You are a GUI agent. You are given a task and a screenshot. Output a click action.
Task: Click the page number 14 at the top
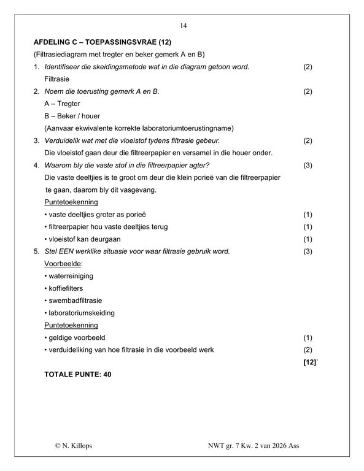pos(183,26)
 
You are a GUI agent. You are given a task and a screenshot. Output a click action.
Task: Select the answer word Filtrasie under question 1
pos(57,79)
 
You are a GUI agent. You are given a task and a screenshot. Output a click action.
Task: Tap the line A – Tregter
pos(63,104)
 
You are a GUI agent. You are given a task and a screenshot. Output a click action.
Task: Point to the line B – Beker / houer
pos(72,116)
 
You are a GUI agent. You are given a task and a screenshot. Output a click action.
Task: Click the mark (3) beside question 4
pos(308,165)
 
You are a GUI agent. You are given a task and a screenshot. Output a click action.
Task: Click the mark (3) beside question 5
pos(308,251)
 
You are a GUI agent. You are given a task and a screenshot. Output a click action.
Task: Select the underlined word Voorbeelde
pos(63,264)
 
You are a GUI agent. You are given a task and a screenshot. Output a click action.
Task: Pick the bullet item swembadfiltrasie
pos(73,301)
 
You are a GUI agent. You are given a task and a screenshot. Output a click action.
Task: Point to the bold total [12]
pos(309,362)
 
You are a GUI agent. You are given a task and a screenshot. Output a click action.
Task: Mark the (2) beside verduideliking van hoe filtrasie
pos(308,350)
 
